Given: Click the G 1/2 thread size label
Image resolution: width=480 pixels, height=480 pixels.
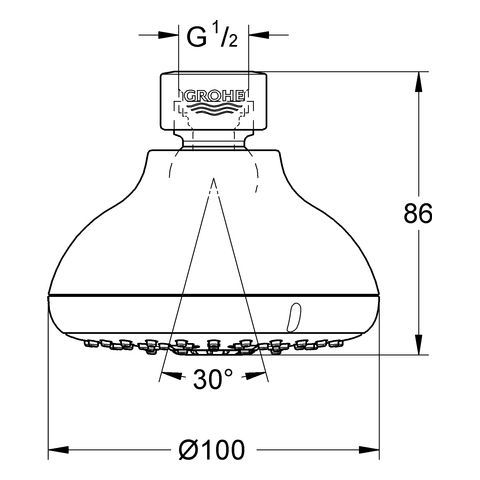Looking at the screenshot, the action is click(212, 37).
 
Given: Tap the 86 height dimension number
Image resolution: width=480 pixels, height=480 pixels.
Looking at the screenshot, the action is click(418, 213).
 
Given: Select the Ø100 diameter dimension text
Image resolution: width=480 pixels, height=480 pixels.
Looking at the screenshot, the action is click(212, 450).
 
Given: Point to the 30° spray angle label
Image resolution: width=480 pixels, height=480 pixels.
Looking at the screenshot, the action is click(213, 379).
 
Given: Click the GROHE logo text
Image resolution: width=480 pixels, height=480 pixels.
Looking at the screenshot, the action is click(214, 97).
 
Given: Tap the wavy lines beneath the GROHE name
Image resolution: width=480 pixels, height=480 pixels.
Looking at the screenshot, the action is click(214, 109).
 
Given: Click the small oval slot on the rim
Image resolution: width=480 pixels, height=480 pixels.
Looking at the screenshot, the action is click(293, 317).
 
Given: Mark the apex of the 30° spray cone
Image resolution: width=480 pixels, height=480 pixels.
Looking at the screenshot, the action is click(214, 179).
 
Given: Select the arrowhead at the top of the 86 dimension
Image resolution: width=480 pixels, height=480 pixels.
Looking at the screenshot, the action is click(419, 81).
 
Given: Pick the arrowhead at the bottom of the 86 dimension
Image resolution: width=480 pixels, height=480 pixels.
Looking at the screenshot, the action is click(419, 345).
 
